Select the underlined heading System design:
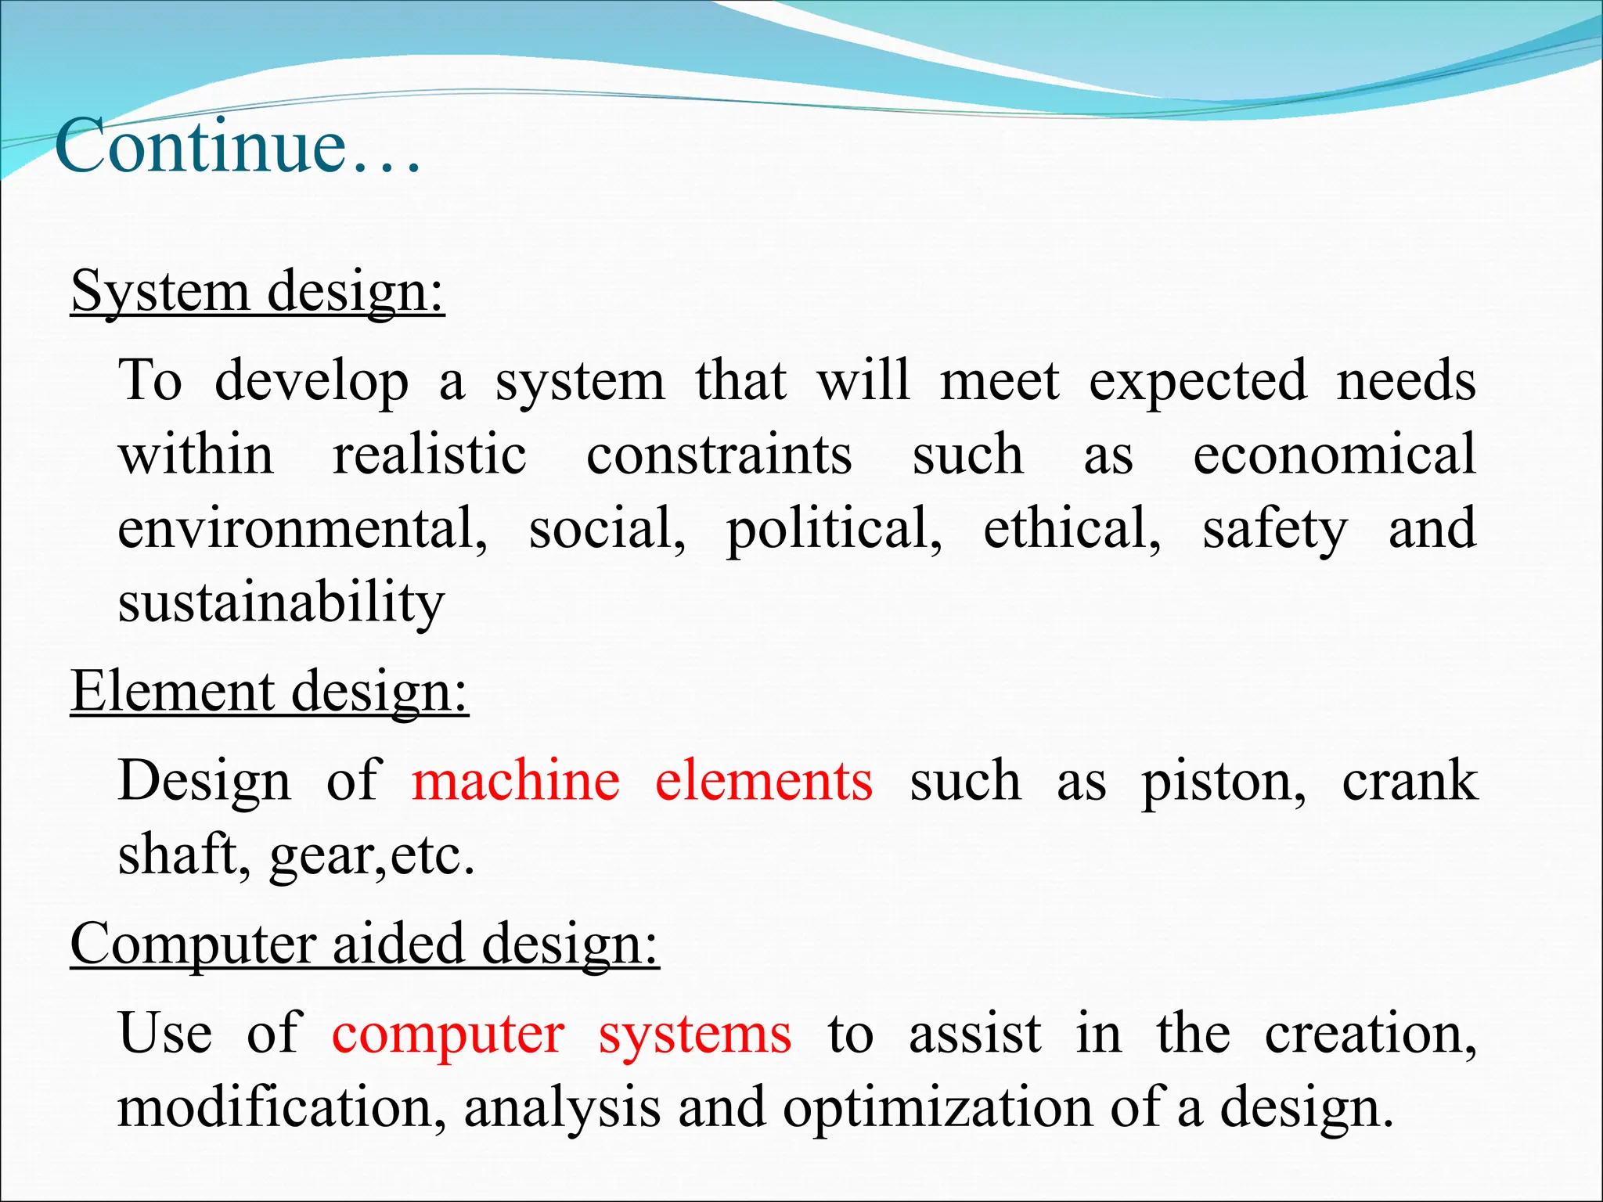(x=258, y=292)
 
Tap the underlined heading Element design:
(x=269, y=693)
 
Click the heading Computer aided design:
(x=365, y=945)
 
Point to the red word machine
(x=516, y=781)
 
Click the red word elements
(x=763, y=781)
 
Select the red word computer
(x=448, y=1034)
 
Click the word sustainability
(x=281, y=603)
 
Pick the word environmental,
(x=303, y=529)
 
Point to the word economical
(x=1334, y=455)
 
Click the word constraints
(x=719, y=455)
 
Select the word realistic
(x=429, y=455)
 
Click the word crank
(x=1409, y=781)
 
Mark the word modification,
(x=282, y=1107)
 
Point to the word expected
(x=1198, y=382)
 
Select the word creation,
(x=1371, y=1034)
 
